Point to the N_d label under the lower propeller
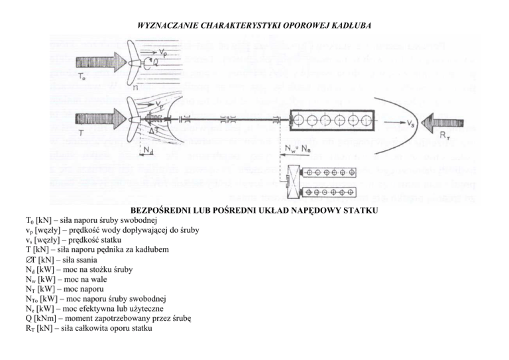(x=150, y=151)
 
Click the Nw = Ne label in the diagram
(x=301, y=150)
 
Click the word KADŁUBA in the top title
(x=347, y=25)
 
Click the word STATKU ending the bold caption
(x=359, y=211)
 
